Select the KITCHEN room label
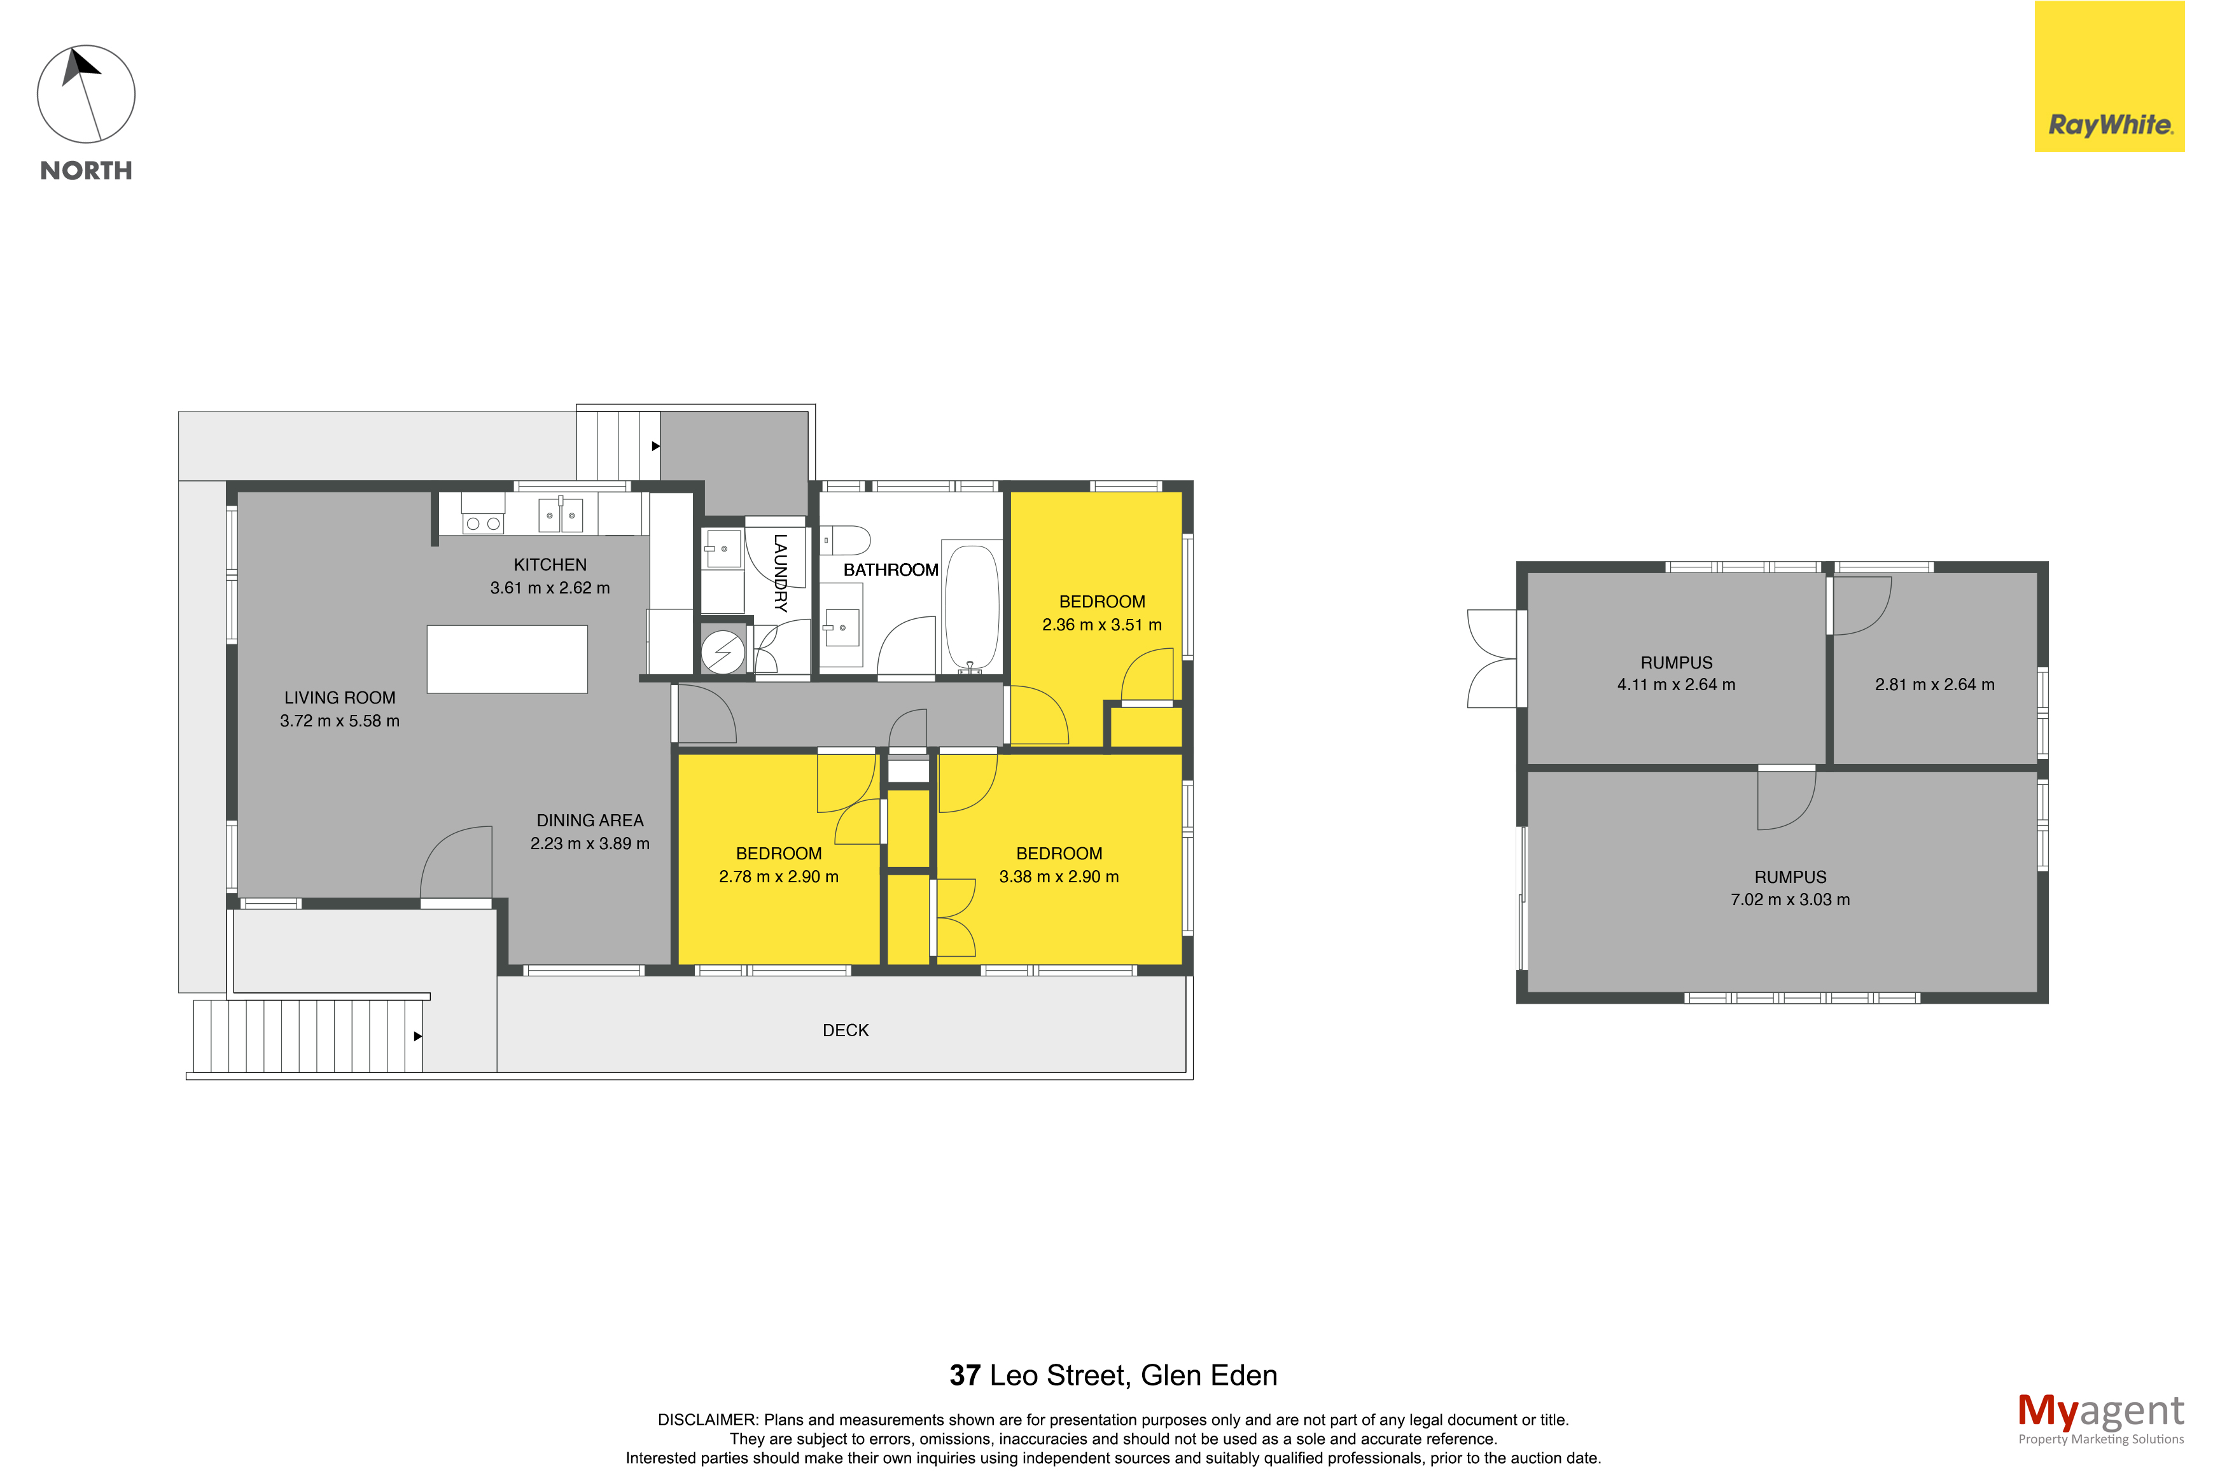[x=550, y=564]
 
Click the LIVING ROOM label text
[x=340, y=698]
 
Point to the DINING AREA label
[x=590, y=821]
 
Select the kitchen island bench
[x=507, y=659]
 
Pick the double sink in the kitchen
[x=561, y=516]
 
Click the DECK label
[x=845, y=1030]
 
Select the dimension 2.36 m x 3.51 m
[x=1101, y=625]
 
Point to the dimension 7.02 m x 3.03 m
[x=1790, y=900]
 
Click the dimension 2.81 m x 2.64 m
[x=1934, y=684]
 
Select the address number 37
[x=965, y=1375]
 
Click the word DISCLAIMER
[x=707, y=1420]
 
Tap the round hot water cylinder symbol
[x=723, y=652]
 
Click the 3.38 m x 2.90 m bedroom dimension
[x=1058, y=877]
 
